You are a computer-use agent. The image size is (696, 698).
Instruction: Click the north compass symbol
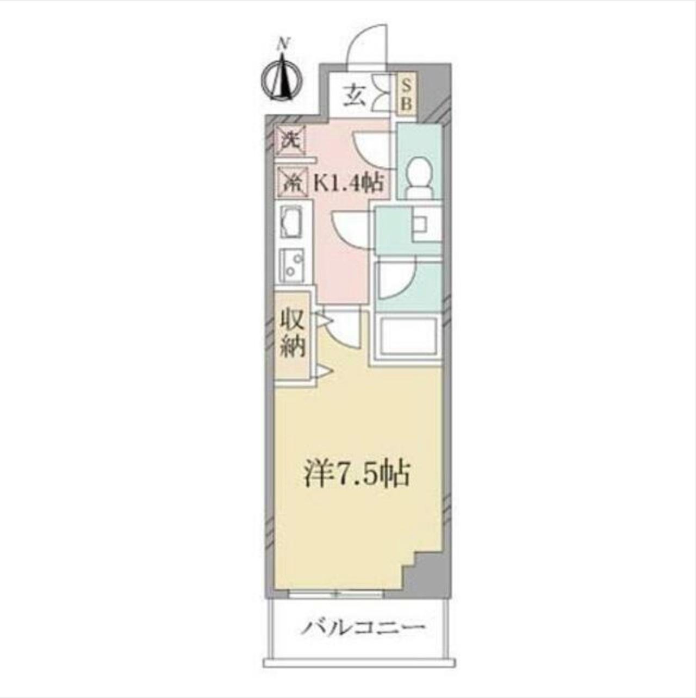(282, 80)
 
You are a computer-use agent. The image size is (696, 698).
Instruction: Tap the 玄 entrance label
(353, 98)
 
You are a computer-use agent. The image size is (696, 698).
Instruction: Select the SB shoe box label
(406, 94)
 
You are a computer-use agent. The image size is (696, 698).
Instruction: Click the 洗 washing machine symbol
(290, 140)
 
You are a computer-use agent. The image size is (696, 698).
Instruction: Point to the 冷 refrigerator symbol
(291, 180)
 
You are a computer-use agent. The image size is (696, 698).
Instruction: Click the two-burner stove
(293, 265)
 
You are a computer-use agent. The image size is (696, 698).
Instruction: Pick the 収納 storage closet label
(293, 333)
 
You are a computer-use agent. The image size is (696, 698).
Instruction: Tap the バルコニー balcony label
(363, 629)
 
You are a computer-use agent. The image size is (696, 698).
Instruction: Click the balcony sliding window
(335, 594)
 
